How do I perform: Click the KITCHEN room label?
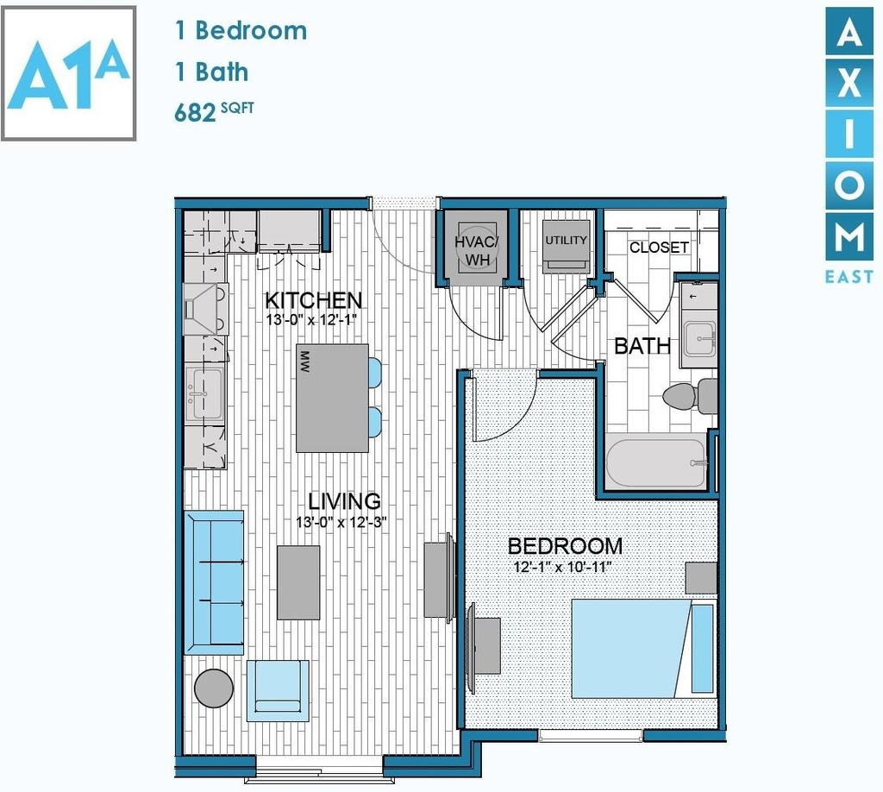coord(313,300)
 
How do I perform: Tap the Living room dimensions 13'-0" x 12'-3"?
coord(341,523)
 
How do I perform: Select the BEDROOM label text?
coord(565,546)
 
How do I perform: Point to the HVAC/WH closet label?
coord(476,251)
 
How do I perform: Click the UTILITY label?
coord(566,241)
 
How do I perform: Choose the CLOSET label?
coord(658,248)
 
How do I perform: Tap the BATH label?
coord(642,346)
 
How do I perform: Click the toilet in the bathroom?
coord(689,395)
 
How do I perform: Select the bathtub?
coord(656,463)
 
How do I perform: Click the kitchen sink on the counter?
coord(204,393)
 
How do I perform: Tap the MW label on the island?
coord(305,362)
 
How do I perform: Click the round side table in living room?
coord(214,688)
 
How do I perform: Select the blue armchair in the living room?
coord(278,690)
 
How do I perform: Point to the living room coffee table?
coord(298,582)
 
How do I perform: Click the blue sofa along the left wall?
coord(214,582)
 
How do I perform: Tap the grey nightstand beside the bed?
coord(700,578)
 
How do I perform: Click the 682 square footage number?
coord(195,113)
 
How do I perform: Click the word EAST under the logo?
coord(849,277)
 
